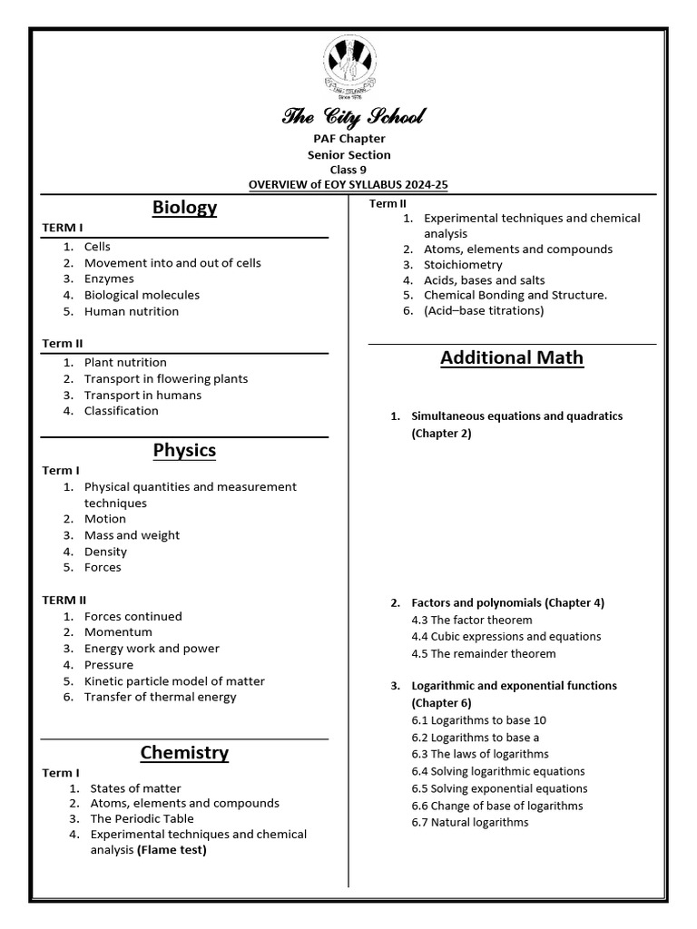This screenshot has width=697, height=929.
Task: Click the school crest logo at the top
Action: [348, 65]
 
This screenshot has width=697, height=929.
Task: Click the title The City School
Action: [348, 116]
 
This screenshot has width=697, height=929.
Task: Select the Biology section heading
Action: [184, 208]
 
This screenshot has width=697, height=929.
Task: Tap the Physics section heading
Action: [184, 450]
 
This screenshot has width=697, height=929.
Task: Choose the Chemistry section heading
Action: [184, 752]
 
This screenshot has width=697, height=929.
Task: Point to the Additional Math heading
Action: [512, 357]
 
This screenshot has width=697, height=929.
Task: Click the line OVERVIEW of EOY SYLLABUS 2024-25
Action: [348, 184]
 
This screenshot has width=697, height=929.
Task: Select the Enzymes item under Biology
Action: [109, 279]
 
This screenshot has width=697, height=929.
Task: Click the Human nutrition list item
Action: [132, 311]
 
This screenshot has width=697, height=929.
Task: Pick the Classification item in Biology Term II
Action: [121, 410]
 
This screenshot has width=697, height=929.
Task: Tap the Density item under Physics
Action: [105, 552]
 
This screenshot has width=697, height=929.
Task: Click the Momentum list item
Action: [118, 631]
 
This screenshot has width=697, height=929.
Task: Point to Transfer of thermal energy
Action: [160, 697]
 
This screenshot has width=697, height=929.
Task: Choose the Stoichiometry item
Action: [463, 265]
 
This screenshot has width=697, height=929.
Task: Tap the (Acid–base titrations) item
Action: [484, 310]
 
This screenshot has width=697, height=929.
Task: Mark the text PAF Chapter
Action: [348, 139]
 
